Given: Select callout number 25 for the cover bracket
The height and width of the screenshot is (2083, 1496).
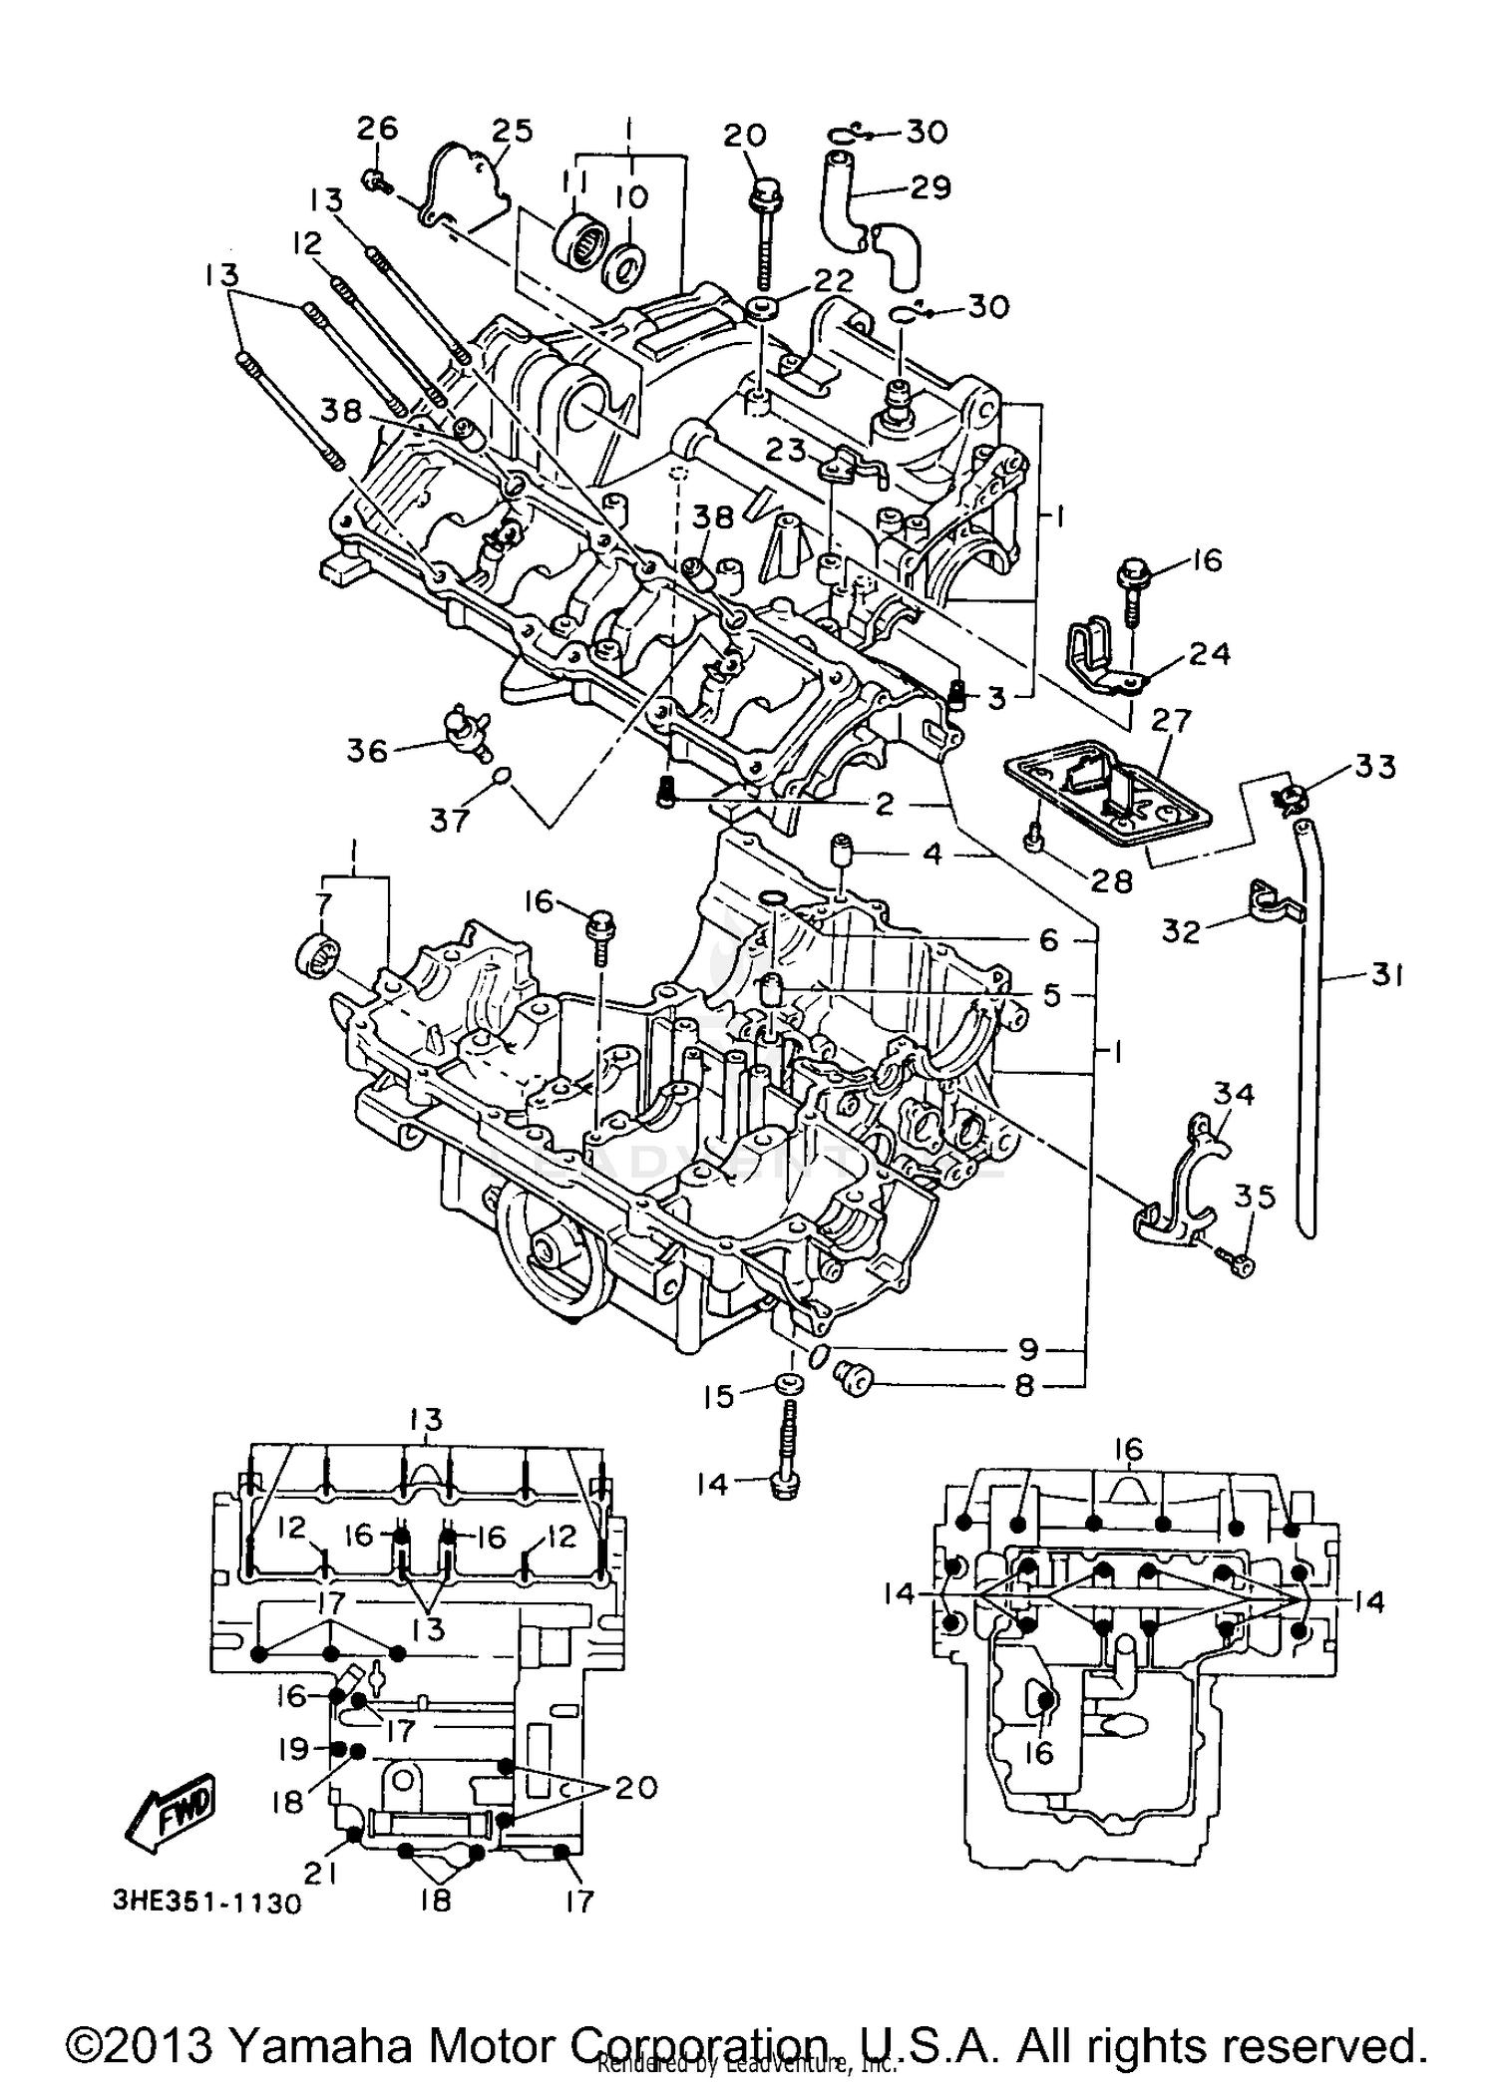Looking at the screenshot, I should [512, 131].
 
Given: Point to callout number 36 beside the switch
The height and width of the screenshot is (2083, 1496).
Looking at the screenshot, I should [367, 750].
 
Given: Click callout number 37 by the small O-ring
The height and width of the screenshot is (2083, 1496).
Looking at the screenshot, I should [450, 820].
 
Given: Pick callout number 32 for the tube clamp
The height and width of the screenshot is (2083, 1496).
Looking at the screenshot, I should [1182, 929].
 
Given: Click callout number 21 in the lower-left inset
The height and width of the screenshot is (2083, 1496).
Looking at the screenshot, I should [320, 1876].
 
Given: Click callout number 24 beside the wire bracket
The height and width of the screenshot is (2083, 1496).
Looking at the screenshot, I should [1209, 654].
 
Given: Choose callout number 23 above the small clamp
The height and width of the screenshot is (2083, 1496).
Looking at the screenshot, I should [785, 451].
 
